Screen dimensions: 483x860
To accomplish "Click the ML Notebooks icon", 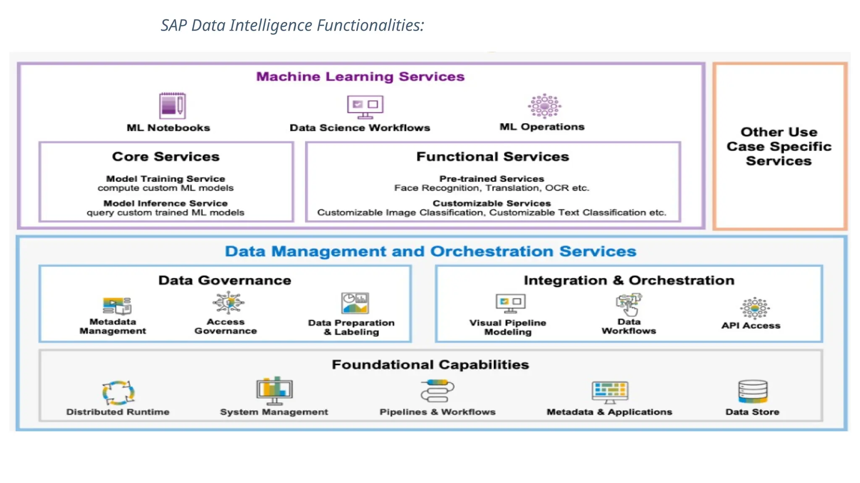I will pos(172,106).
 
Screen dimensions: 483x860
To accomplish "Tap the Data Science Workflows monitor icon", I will pos(365,106).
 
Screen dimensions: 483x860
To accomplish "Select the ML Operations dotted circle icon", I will pos(544,106).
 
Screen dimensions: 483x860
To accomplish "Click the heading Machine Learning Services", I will pos(360,77).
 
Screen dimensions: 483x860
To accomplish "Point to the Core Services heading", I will pos(165,157).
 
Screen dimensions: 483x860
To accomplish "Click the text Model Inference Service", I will pos(165,203).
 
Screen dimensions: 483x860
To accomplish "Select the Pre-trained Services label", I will pos(491,179).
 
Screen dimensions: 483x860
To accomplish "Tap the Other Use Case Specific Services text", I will pos(779,146).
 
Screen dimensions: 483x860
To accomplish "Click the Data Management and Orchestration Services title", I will pos(430,252).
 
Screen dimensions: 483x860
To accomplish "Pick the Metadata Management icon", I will pos(117,306).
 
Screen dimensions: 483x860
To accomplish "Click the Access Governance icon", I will pos(228,303).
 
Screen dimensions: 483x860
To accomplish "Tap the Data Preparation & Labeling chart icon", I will pos(355,303).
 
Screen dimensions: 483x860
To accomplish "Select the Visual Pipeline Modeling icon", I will pos(510,303).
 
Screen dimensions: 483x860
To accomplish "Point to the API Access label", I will pos(751,326).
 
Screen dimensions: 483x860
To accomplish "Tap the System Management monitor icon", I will pos(274,390).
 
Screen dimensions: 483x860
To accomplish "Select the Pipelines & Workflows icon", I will pos(437,391).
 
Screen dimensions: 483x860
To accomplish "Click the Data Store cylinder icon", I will pos(752,392).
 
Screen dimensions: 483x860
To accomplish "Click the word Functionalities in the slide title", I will pos(370,26).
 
